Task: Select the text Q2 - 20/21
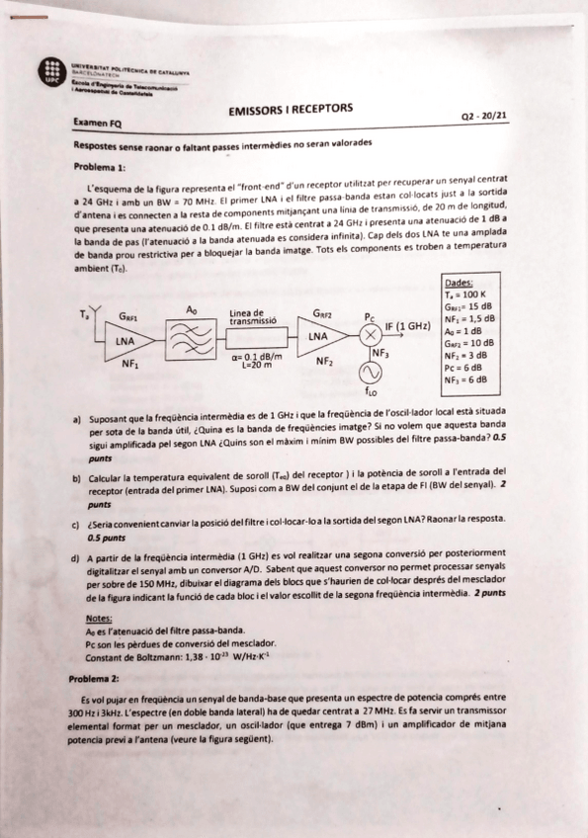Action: coord(484,117)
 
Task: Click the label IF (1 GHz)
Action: coord(407,326)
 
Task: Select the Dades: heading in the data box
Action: coord(460,282)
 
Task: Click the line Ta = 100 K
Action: coord(465,293)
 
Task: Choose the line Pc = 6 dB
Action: coord(465,367)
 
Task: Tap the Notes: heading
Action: coord(99,617)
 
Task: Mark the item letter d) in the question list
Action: coord(76,558)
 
